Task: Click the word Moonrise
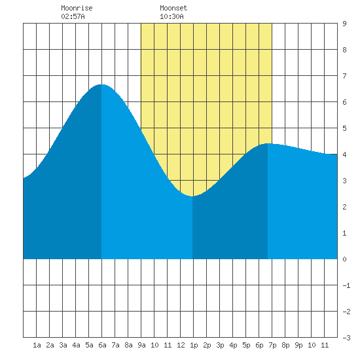77,8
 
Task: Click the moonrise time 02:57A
73,16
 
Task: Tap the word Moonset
173,8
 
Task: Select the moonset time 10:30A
171,16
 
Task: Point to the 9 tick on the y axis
344,24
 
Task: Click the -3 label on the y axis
346,338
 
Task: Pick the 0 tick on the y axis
344,259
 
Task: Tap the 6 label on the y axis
344,102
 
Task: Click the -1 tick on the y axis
346,285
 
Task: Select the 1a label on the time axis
37,345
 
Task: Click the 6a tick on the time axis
102,345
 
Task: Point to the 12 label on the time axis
181,345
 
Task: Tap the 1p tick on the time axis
194,345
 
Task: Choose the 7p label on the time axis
272,345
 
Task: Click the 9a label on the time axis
141,345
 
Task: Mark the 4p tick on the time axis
233,345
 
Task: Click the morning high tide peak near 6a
101,84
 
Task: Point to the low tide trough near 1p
192,196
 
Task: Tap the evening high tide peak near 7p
268,143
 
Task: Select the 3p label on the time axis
220,345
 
